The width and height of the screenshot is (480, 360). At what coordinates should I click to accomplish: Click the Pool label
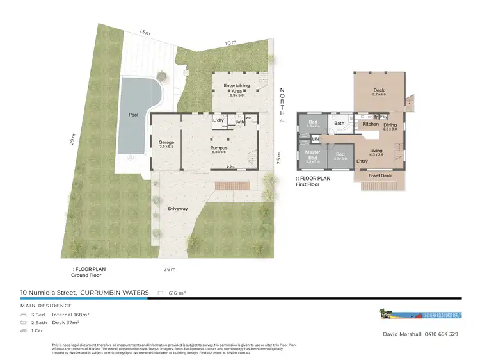(x=133, y=115)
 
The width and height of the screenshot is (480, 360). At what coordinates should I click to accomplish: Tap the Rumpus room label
(x=219, y=148)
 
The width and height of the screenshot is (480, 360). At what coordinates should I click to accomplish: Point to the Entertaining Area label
(x=236, y=86)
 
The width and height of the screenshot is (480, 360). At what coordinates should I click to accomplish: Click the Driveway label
(x=177, y=209)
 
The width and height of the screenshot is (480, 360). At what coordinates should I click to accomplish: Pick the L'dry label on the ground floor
(x=218, y=120)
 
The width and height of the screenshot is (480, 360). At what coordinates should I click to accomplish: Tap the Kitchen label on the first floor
(x=371, y=124)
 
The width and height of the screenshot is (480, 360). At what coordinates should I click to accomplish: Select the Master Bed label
(x=313, y=154)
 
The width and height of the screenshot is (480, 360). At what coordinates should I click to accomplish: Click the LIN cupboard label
(x=315, y=139)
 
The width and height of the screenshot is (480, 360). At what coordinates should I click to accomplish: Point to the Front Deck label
(x=380, y=174)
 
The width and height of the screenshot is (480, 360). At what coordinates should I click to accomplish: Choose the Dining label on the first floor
(x=390, y=125)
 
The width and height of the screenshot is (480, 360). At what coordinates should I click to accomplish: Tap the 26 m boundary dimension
(x=170, y=269)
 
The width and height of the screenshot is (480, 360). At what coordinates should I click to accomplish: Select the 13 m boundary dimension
(x=145, y=32)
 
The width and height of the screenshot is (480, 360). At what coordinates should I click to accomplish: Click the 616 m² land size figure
(x=177, y=293)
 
